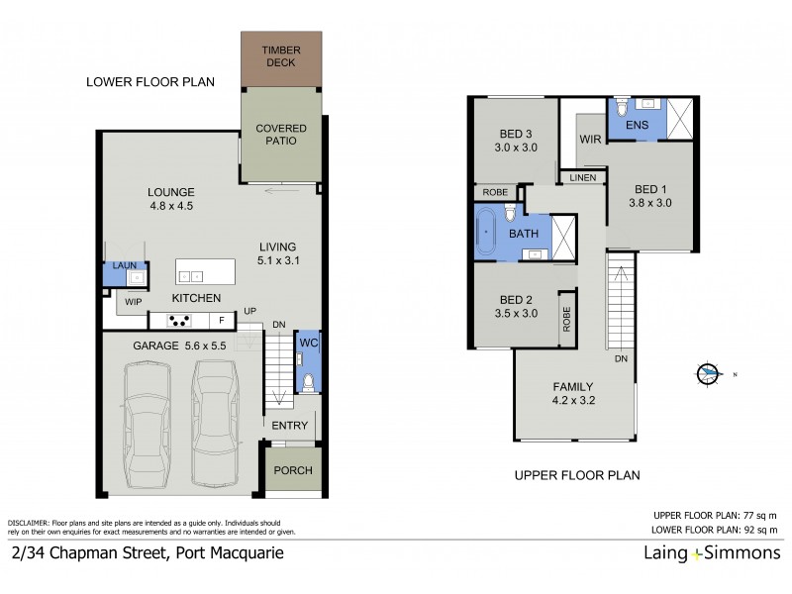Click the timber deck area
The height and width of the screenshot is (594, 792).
(281, 57)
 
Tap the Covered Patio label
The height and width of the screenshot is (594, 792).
(281, 135)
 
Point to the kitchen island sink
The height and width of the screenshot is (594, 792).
(191, 274)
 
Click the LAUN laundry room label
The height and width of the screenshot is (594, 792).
(124, 265)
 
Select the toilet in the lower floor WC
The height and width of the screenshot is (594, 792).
(307, 380)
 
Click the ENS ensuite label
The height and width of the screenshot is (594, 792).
(637, 125)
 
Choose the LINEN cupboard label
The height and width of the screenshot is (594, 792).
(581, 177)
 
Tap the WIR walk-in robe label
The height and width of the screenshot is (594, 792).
(591, 140)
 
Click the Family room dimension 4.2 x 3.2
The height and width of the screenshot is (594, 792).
(573, 403)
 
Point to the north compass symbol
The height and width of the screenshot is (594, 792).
(710, 373)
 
